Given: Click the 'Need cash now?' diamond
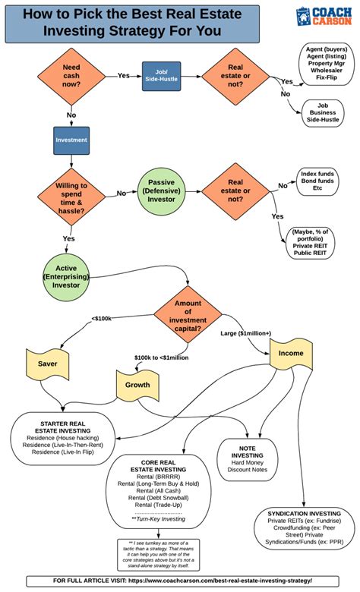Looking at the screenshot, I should [x=72, y=77].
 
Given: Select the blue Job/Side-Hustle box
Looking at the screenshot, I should [x=161, y=77].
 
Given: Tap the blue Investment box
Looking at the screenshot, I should [x=71, y=140].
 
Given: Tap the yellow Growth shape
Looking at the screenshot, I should [x=137, y=385].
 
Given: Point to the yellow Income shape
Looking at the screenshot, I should [x=290, y=354].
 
